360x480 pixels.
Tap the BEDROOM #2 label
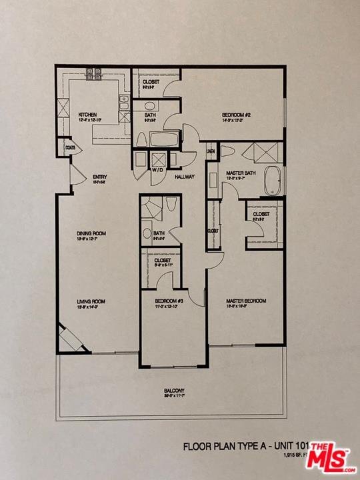[x=236, y=115]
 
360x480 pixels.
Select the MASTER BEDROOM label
[x=246, y=301]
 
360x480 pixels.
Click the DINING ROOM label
[x=91, y=233]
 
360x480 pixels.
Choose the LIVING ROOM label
[x=91, y=301]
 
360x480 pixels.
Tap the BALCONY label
[x=174, y=391]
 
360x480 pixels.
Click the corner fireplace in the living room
[x=69, y=338]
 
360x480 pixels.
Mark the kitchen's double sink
[x=124, y=103]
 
